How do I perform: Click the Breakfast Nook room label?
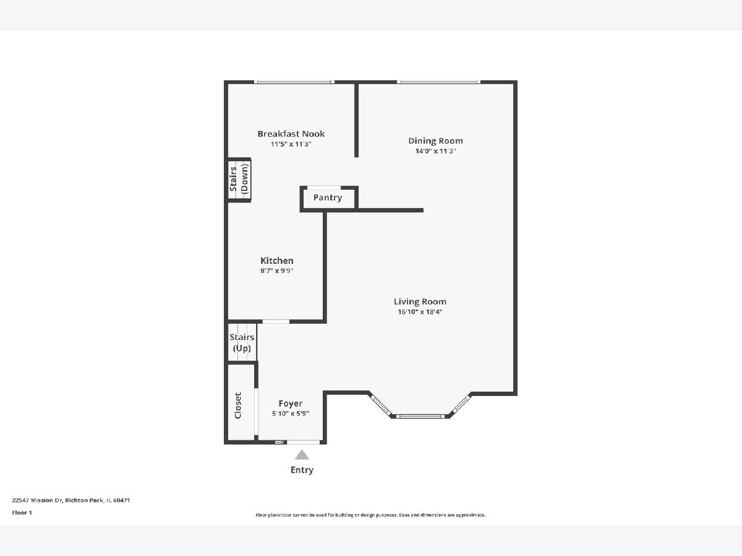pyautogui.click(x=291, y=133)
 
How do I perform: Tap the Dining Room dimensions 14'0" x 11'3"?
pyautogui.click(x=435, y=151)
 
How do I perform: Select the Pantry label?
pyautogui.click(x=328, y=198)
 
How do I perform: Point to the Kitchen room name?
pyautogui.click(x=277, y=261)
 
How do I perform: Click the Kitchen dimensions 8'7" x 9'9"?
pyautogui.click(x=277, y=271)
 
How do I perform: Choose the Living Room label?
pyautogui.click(x=420, y=301)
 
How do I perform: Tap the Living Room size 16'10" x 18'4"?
pyautogui.click(x=420, y=311)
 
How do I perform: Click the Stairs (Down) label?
pyautogui.click(x=239, y=179)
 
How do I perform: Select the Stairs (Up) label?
pyautogui.click(x=242, y=343)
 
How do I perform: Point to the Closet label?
pyautogui.click(x=238, y=405)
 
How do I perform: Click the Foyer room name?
pyautogui.click(x=291, y=403)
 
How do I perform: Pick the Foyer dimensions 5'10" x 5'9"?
pyautogui.click(x=291, y=413)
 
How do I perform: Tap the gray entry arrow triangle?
pyautogui.click(x=302, y=455)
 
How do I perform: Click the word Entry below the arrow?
pyautogui.click(x=302, y=470)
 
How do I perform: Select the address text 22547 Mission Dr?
pyautogui.click(x=37, y=500)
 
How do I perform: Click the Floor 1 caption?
pyautogui.click(x=22, y=513)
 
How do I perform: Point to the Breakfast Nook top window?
pyautogui.click(x=294, y=82)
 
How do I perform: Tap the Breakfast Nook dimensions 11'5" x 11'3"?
pyautogui.click(x=291, y=144)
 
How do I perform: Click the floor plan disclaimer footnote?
pyautogui.click(x=370, y=515)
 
